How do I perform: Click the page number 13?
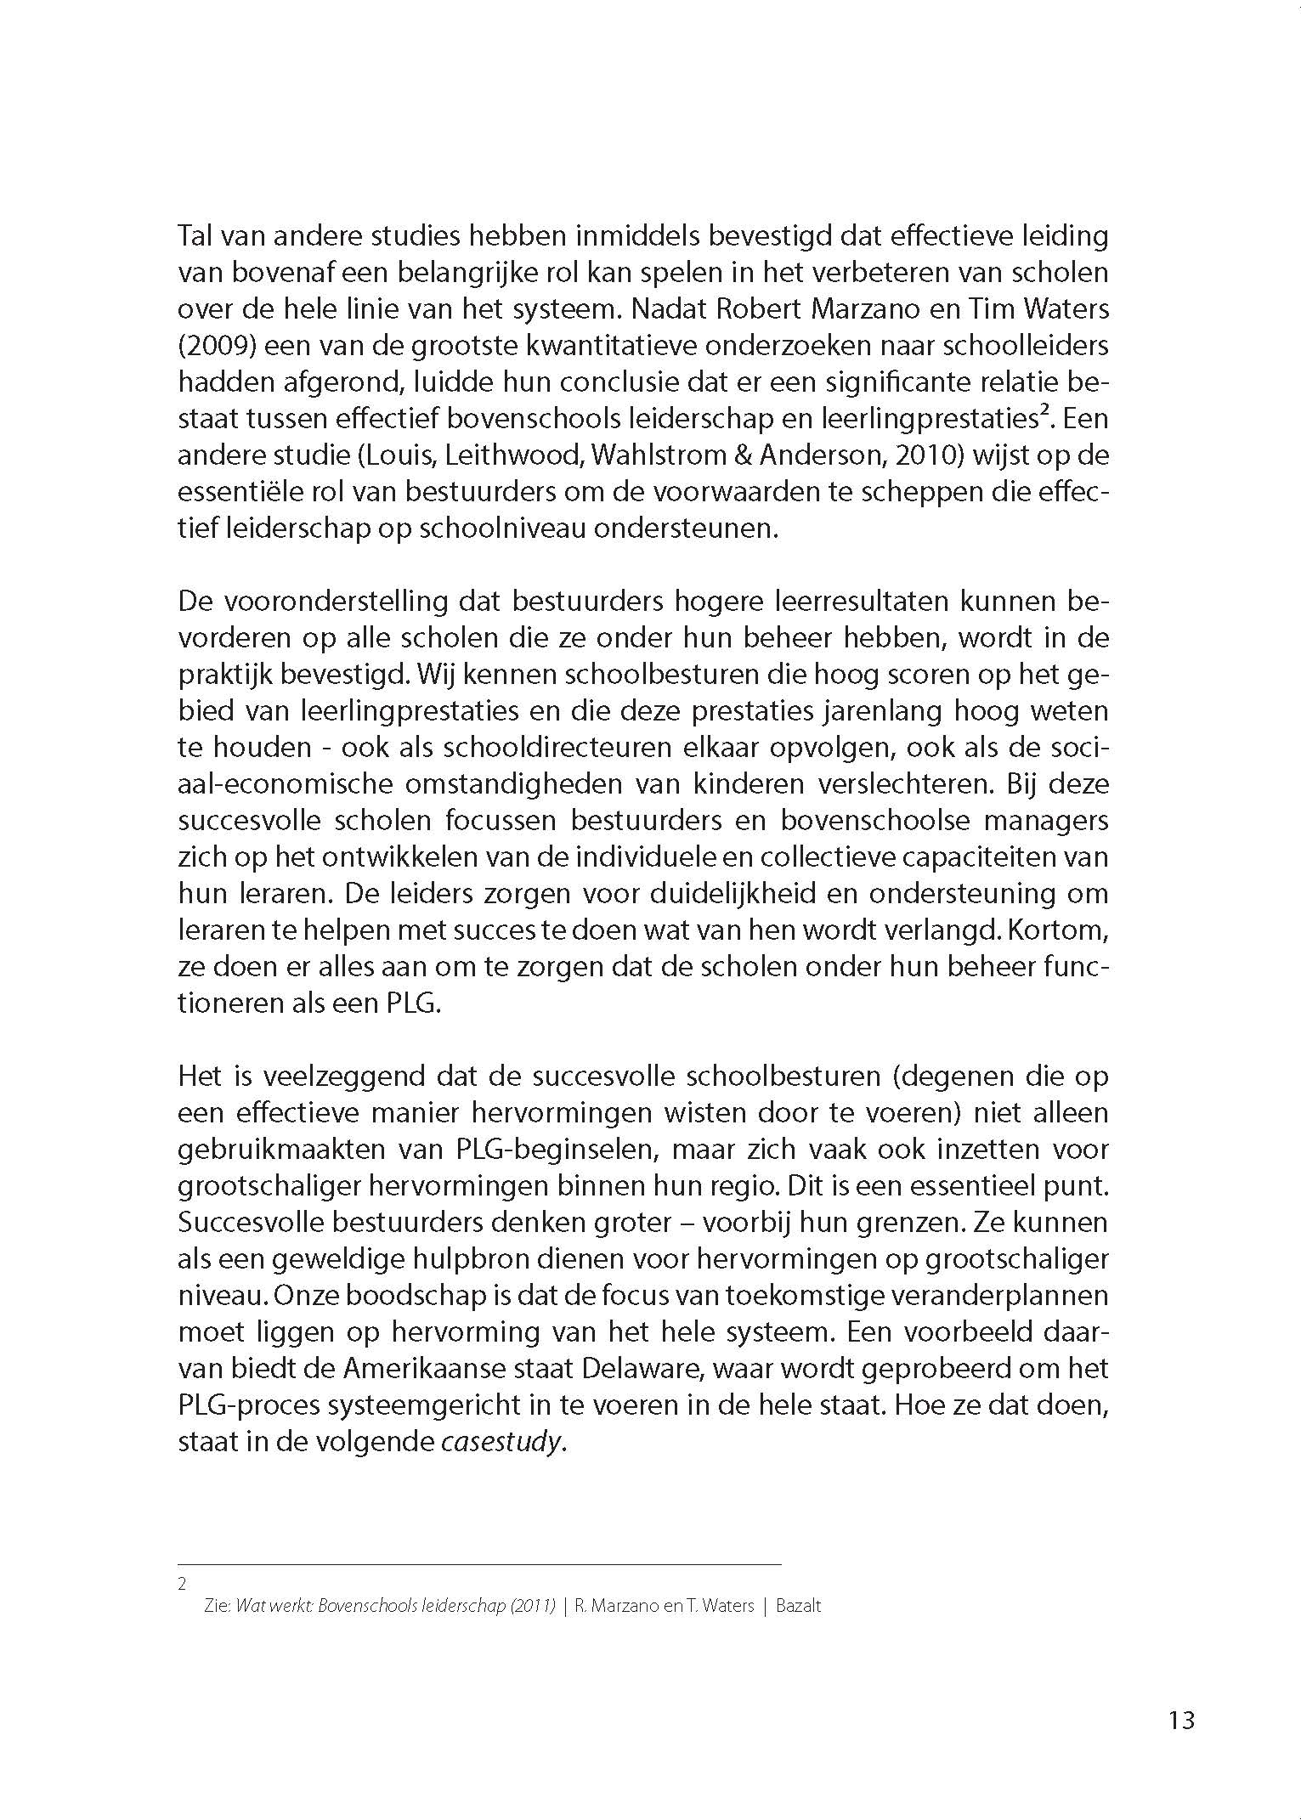click(1181, 1720)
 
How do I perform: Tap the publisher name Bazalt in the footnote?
click(798, 1606)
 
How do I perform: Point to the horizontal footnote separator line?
click(478, 1564)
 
